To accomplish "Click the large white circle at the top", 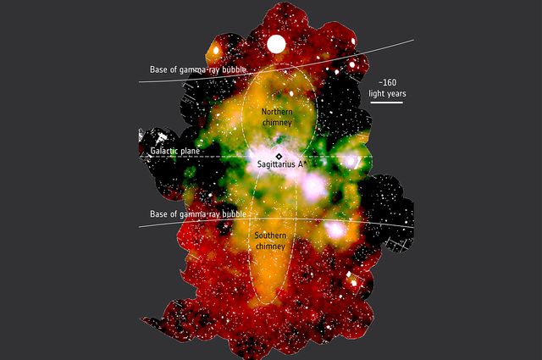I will (x=276, y=44).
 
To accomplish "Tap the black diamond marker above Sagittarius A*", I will (x=279, y=157).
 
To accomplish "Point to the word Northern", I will (x=278, y=113).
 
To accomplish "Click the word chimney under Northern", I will (x=278, y=124).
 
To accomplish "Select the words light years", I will (x=386, y=95).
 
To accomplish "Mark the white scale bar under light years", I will (x=386, y=103).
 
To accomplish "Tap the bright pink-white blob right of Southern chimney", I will (x=336, y=229).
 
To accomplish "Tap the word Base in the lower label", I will (x=159, y=213).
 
